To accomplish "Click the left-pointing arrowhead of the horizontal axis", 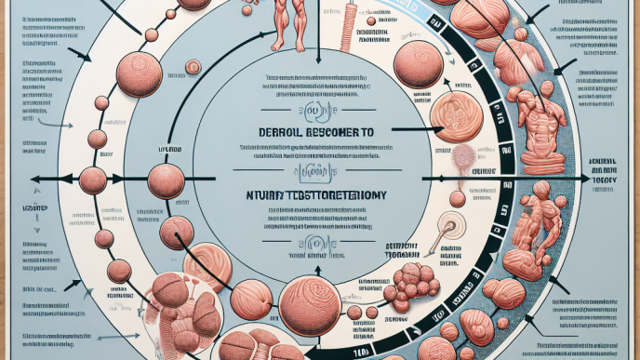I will [x=33, y=180].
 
